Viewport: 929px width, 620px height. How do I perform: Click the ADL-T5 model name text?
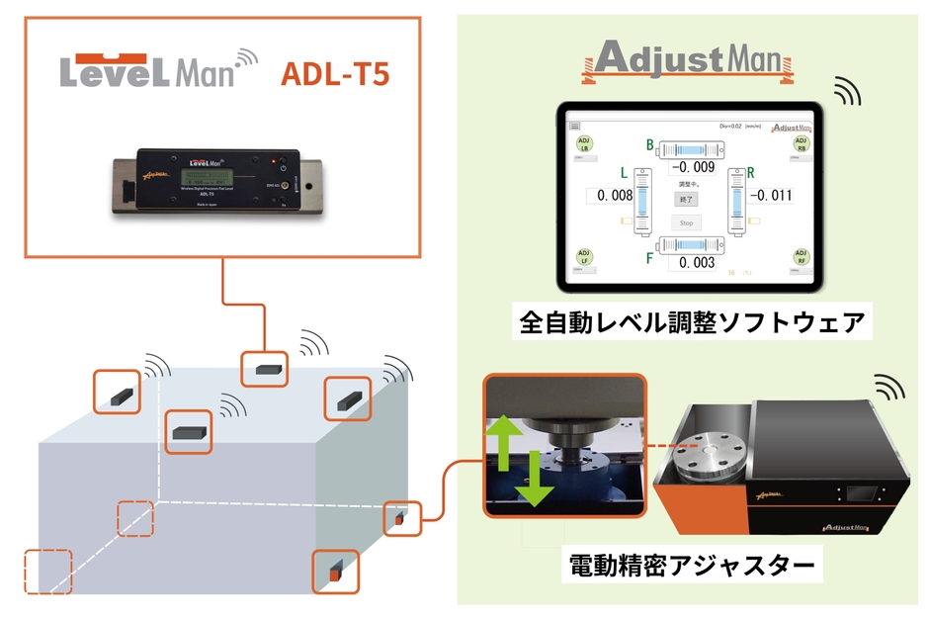click(x=335, y=73)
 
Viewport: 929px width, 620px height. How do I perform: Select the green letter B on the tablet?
click(x=650, y=145)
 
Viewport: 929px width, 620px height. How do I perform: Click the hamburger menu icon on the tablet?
click(x=574, y=127)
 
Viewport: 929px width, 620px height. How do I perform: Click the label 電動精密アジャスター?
click(x=693, y=567)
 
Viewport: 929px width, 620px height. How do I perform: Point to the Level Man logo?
click(x=158, y=70)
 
